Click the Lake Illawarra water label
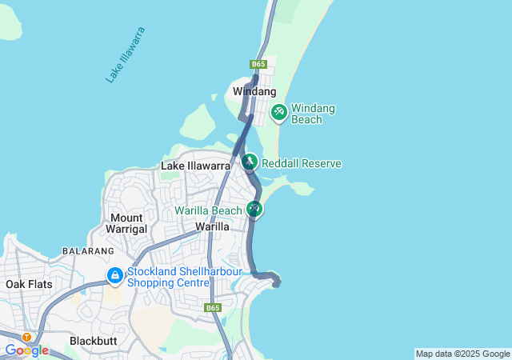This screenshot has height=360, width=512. (126, 54)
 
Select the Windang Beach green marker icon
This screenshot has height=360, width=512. (279, 112)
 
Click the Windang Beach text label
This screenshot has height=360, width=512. (312, 114)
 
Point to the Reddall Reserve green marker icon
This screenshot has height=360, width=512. (250, 163)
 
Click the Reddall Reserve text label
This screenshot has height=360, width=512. (302, 164)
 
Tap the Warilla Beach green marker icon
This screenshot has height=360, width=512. (254, 210)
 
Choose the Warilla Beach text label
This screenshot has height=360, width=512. (208, 211)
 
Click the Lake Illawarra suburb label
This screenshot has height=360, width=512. (196, 166)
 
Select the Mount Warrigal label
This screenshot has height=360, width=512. (127, 223)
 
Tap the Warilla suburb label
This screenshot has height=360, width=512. (213, 226)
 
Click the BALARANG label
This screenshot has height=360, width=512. (89, 251)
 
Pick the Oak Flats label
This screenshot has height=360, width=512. (28, 284)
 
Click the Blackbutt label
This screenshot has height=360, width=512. (93, 340)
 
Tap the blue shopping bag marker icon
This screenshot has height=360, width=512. (115, 276)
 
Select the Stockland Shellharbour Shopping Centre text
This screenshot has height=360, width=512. (168, 277)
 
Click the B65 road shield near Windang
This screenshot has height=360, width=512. (258, 64)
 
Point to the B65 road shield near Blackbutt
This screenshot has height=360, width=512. (212, 308)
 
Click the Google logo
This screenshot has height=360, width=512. (26, 350)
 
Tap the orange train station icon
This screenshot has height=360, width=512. (27, 338)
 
